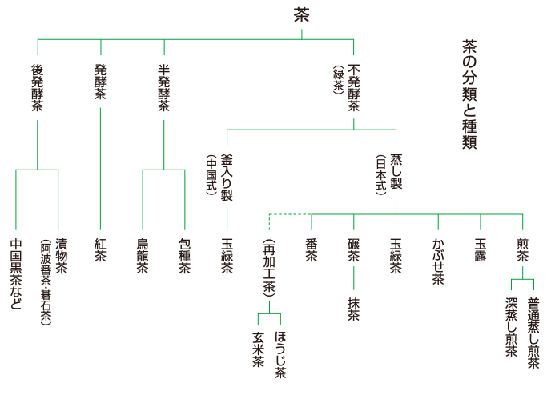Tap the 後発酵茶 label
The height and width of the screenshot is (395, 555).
pyautogui.click(x=38, y=87)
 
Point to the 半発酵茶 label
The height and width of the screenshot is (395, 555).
pyautogui.click(x=163, y=87)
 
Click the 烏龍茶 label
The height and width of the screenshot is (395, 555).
pyautogui.click(x=143, y=255)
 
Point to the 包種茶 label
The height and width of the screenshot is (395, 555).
pyautogui.click(x=185, y=255)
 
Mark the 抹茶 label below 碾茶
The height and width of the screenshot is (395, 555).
pyautogui.click(x=353, y=308)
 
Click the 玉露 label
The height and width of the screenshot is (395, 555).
pyautogui.click(x=481, y=248)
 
